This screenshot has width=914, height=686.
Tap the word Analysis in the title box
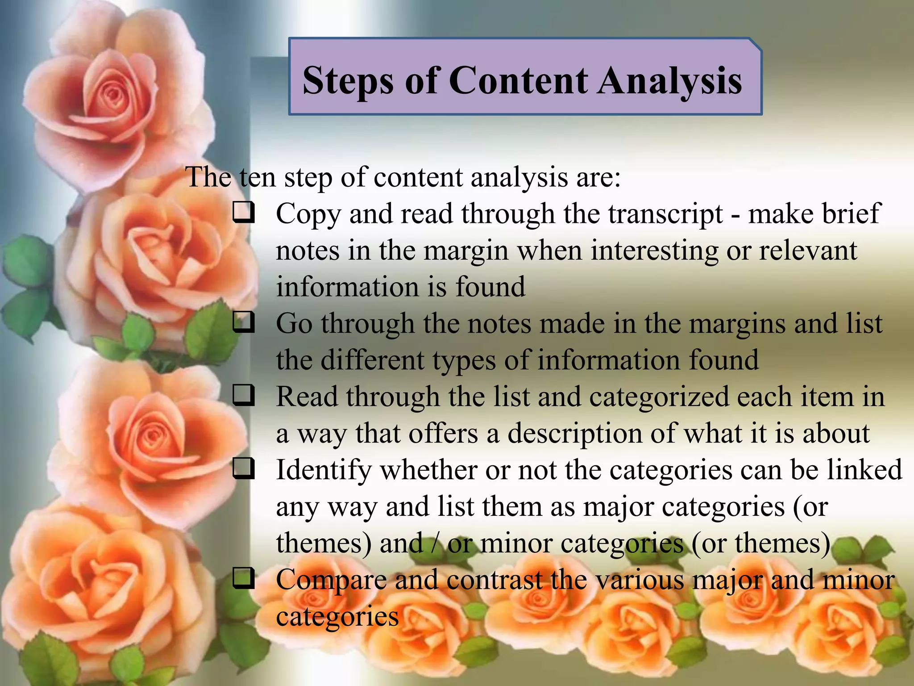point(669,81)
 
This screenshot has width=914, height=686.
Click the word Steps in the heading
point(348,81)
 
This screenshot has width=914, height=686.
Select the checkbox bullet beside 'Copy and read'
point(244,213)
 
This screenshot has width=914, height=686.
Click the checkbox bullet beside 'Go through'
point(244,322)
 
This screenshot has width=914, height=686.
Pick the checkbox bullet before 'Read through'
point(244,395)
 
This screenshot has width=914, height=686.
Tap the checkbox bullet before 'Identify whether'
point(244,469)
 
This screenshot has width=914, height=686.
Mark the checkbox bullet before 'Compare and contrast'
point(244,579)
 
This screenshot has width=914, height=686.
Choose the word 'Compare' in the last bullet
point(331,581)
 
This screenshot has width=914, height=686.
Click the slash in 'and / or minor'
point(435,544)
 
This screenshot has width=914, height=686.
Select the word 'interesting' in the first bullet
point(655,251)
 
